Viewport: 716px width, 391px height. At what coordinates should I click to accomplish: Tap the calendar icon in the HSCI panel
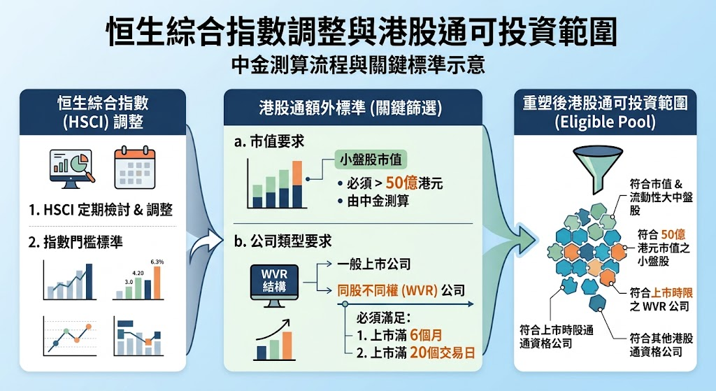point(135,168)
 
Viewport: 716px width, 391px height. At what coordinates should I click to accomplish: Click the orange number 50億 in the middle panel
point(401,183)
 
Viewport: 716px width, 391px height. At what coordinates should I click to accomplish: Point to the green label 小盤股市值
point(371,159)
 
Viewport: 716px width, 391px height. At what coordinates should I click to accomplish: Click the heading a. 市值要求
point(269,141)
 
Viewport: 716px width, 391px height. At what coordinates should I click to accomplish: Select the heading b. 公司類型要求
point(282,241)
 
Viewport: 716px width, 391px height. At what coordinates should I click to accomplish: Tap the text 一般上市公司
point(374,264)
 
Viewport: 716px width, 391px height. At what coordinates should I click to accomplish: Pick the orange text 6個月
point(426,335)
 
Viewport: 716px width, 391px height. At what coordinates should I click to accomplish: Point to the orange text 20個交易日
point(442,353)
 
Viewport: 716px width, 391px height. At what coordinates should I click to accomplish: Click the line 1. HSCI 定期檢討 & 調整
point(101,210)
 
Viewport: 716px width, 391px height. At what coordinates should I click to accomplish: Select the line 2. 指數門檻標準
point(76,241)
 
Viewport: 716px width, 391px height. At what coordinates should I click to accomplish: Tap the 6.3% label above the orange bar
point(157,262)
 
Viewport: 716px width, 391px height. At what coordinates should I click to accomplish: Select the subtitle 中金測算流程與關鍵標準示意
point(357,65)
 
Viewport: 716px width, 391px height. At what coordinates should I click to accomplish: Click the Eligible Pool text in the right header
point(605,122)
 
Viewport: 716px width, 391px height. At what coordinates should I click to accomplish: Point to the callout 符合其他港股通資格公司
point(661,345)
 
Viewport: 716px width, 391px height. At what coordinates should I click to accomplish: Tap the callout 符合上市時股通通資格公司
point(556,336)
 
